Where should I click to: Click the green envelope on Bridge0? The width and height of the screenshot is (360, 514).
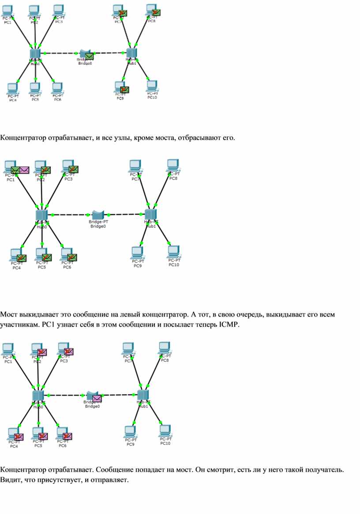[90, 56]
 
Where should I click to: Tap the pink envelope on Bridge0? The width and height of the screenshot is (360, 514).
[97, 398]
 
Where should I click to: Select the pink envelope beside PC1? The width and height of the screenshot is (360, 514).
[24, 170]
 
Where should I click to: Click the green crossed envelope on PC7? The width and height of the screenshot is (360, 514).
[123, 13]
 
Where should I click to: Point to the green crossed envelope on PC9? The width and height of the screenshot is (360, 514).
[124, 90]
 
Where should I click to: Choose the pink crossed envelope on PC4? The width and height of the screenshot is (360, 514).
[19, 437]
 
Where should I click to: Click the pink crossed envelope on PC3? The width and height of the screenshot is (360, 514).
[69, 351]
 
